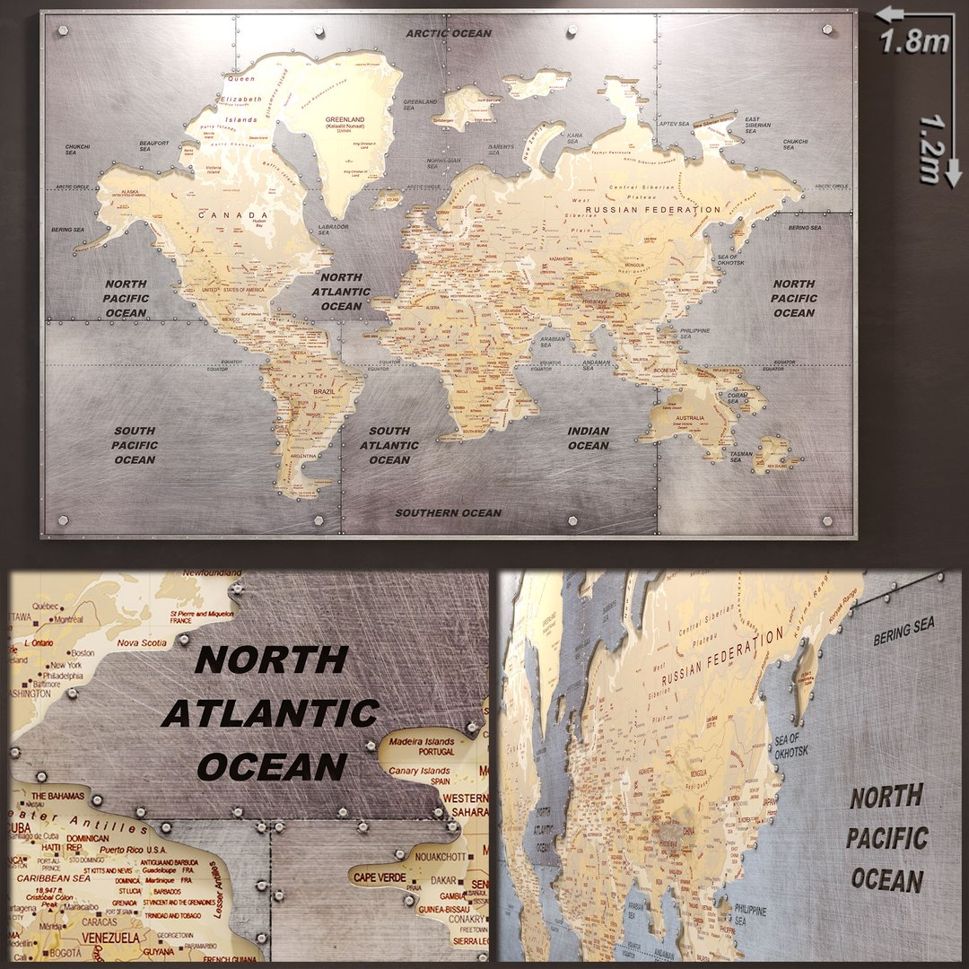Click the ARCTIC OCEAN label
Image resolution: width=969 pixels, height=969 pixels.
449,33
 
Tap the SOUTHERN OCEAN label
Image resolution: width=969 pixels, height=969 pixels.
449,513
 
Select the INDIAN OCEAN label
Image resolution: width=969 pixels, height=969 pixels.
589,439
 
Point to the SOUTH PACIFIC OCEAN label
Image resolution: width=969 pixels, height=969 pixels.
135,445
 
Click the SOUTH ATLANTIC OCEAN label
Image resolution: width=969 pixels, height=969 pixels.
389,445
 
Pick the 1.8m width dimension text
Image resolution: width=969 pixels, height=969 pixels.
914,41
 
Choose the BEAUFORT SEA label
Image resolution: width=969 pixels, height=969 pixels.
154,144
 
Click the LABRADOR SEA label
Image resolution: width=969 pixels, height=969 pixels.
334,230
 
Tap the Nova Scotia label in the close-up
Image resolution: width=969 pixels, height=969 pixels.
142,642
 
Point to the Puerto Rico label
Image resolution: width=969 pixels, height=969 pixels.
122,849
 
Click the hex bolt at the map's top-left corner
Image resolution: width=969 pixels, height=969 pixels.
63,31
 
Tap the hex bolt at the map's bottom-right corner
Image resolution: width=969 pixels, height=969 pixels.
827,519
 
